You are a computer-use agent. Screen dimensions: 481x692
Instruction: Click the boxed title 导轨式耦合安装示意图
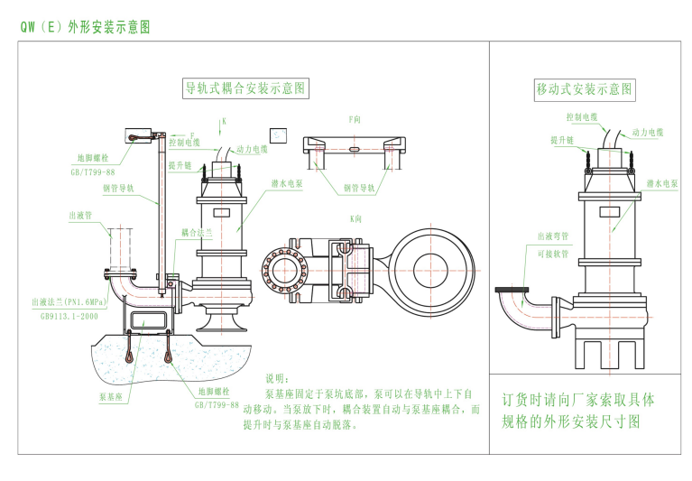click(246, 88)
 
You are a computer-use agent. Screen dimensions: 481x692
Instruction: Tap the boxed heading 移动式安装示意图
click(585, 89)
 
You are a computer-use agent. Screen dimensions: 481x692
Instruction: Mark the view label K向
click(355, 218)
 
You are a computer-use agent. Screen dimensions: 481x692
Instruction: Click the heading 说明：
click(278, 379)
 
